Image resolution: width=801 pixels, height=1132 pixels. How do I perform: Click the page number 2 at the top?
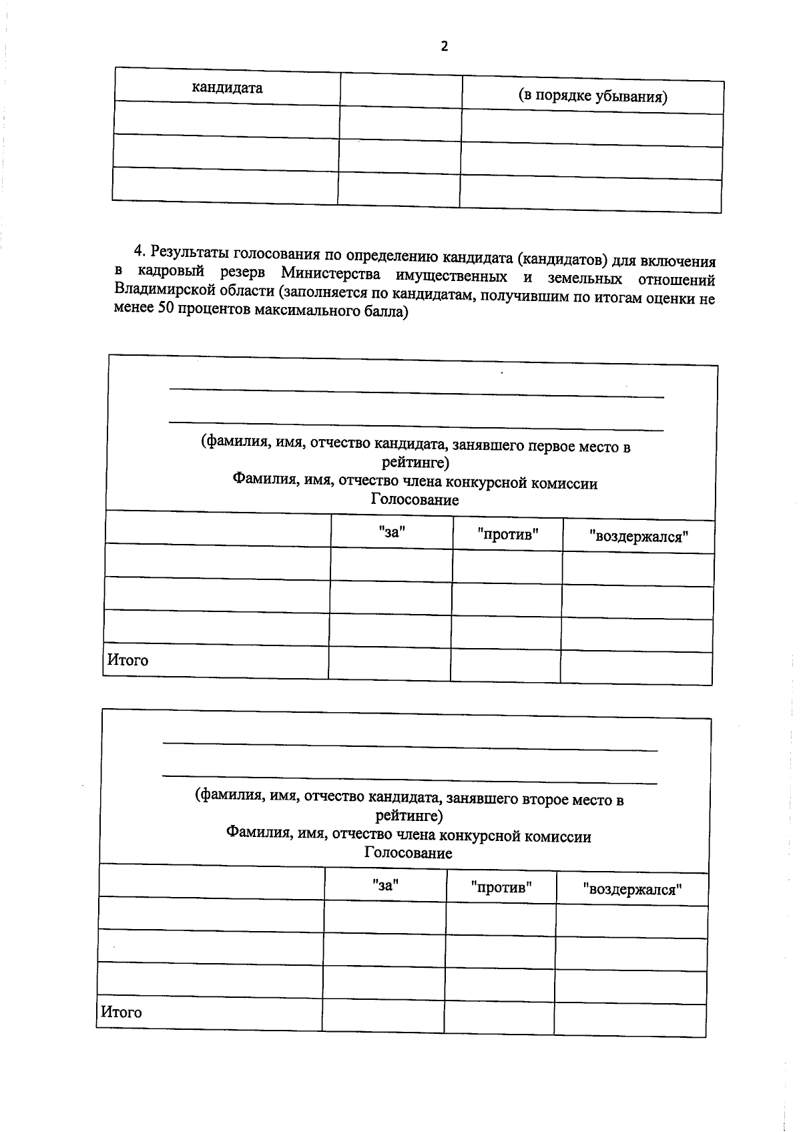click(444, 46)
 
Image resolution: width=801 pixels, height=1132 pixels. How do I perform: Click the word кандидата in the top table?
click(227, 88)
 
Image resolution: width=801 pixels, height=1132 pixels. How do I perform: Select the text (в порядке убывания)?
click(593, 96)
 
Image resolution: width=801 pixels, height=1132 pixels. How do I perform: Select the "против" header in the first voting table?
click(508, 534)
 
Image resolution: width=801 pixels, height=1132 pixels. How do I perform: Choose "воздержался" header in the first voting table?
click(639, 537)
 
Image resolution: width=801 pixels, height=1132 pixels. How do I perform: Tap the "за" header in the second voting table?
click(385, 884)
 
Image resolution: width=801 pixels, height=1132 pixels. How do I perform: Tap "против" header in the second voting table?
click(501, 888)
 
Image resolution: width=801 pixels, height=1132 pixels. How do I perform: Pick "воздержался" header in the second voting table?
click(632, 890)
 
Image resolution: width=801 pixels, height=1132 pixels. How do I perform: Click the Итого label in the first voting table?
click(127, 660)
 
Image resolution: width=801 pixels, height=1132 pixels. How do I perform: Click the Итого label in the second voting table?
click(121, 1013)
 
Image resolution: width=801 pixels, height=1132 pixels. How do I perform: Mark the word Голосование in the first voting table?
click(415, 500)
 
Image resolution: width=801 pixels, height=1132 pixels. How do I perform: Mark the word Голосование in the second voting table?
click(408, 853)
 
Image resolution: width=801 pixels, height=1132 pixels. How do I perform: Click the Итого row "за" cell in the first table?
click(389, 663)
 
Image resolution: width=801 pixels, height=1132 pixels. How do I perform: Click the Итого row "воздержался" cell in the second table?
click(629, 1020)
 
